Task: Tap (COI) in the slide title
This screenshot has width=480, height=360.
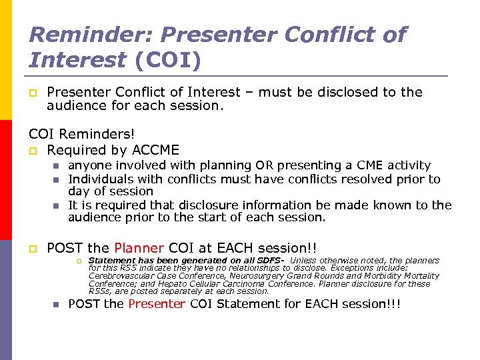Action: coord(167,60)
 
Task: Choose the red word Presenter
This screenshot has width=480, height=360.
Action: coord(157,304)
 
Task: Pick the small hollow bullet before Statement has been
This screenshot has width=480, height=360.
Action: coord(77,261)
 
